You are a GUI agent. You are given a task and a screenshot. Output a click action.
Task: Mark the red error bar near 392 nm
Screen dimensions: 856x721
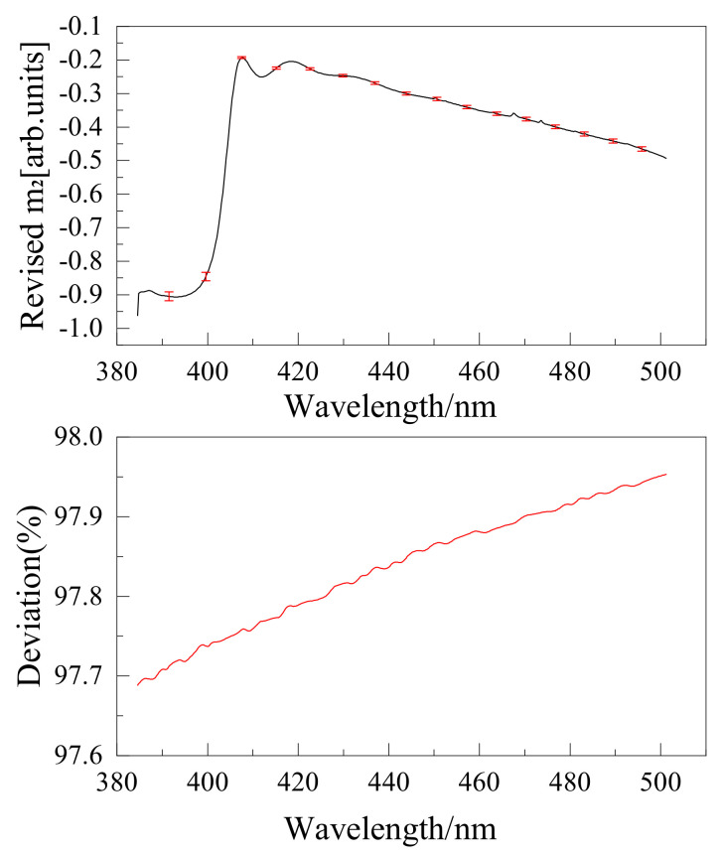click(169, 296)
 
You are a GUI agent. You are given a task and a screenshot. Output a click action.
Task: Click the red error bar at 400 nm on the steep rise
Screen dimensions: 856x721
click(206, 276)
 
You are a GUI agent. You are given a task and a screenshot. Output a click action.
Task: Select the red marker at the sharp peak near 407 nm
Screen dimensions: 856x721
click(241, 58)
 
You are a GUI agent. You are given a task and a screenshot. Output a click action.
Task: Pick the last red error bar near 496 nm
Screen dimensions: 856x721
click(642, 149)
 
